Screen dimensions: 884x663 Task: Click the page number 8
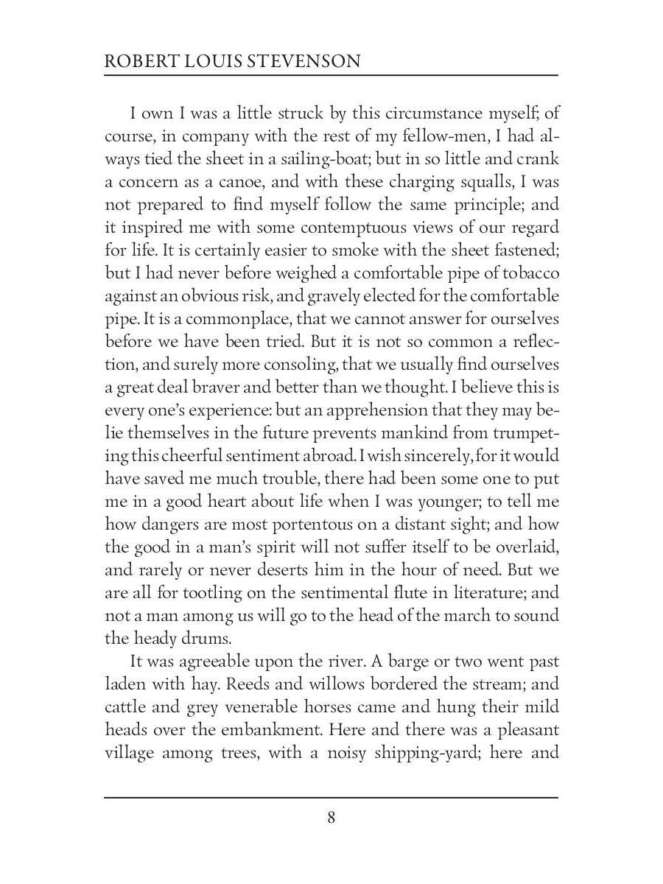[x=331, y=817]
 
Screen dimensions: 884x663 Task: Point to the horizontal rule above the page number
[x=331, y=797]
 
